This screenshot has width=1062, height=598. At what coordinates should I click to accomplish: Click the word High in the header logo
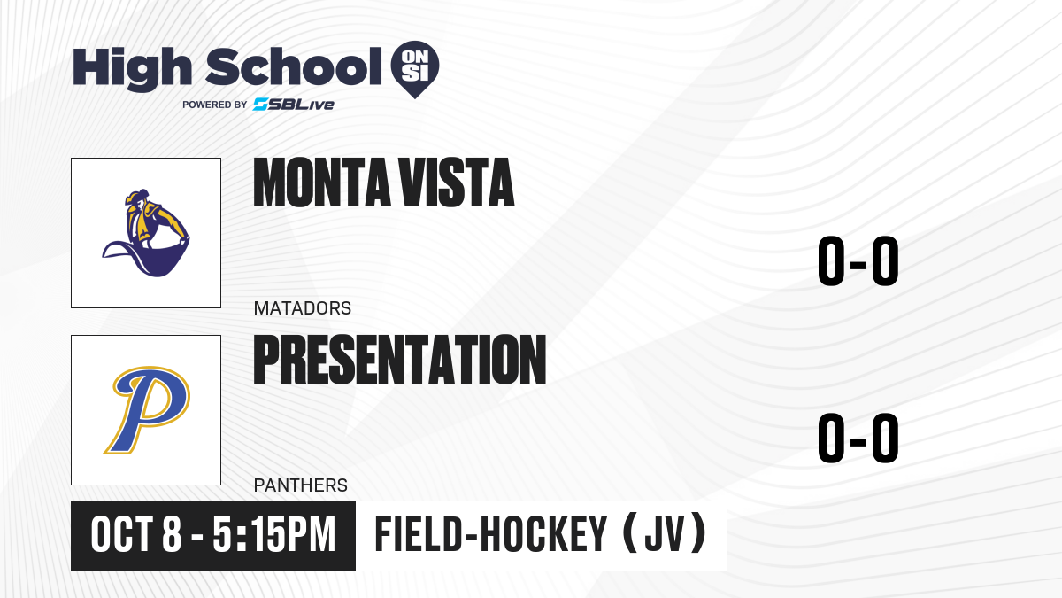pos(133,68)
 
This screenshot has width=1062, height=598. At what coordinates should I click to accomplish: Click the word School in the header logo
pos(294,66)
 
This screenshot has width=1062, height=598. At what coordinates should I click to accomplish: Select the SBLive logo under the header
pos(294,105)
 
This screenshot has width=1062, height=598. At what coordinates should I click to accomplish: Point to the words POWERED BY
pos(215,105)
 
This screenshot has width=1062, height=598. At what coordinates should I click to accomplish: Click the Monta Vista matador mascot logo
pos(146,233)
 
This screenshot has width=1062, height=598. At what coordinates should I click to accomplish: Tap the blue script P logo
pos(147,410)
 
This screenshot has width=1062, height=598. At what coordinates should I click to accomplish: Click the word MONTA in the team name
pos(321,183)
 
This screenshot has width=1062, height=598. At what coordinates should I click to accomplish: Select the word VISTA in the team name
pos(456,183)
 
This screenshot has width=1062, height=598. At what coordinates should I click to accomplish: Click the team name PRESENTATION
pos(400,360)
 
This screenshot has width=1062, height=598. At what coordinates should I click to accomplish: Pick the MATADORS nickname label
pos(303,308)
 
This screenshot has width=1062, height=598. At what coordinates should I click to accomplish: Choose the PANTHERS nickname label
pos(301,485)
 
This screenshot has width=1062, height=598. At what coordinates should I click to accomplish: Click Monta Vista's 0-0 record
pos(858,261)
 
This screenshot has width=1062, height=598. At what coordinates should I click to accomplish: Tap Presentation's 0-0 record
pos(858,438)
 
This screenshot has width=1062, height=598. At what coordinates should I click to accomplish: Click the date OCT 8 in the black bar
pos(136,535)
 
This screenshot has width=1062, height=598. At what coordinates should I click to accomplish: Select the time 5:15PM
pos(274,535)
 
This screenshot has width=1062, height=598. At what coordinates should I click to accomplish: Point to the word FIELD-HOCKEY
pos(490,534)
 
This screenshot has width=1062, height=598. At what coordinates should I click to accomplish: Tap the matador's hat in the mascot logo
pos(137,196)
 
